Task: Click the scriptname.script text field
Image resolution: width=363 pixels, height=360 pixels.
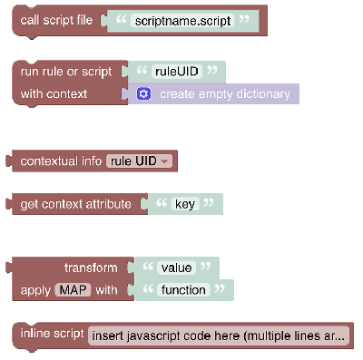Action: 182,21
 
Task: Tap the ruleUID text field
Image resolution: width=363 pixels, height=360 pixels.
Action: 177,72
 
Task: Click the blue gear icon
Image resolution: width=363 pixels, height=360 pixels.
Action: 143,94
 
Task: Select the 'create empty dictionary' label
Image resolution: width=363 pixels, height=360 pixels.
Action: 225,94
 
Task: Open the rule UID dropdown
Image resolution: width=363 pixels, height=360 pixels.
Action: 139,161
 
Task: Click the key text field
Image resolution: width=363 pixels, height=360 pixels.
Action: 185,204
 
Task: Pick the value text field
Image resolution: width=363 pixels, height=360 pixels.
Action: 176,268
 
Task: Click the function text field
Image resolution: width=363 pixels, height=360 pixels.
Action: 183,290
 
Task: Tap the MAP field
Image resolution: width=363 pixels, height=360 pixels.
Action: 73,290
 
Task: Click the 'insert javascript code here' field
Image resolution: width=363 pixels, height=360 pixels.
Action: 218,336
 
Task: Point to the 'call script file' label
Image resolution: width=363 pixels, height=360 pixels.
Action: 56,20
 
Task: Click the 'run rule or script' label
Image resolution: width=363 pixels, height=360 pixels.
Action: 66,72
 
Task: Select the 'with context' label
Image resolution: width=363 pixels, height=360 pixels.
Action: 54,94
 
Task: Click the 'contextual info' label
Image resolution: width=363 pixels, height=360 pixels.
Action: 61,161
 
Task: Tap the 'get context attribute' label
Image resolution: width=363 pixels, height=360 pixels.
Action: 75,204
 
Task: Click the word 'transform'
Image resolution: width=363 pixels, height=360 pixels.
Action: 91,268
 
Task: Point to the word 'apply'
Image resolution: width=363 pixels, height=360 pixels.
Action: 35,290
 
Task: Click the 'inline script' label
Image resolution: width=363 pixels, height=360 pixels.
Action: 52,334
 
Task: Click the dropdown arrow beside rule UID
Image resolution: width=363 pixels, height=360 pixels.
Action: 164,161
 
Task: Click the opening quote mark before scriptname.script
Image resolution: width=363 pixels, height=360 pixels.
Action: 121,20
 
